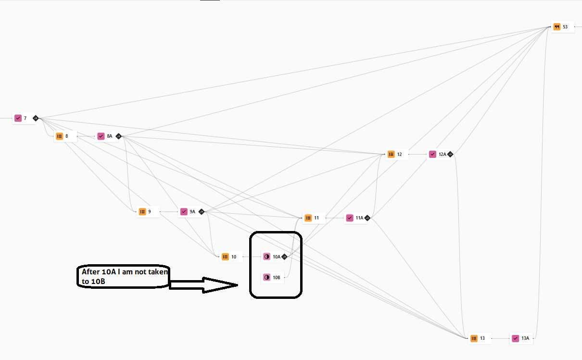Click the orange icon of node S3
[557, 27]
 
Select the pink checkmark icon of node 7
[18, 118]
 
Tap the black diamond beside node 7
[36, 118]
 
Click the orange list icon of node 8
[60, 136]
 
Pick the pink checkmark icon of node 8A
[101, 136]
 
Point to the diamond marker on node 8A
[118, 136]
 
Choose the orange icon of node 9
[142, 212]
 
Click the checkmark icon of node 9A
[184, 212]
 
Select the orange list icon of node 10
[225, 257]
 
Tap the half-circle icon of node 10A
[266, 257]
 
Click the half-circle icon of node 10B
[266, 277]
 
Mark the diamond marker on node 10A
[284, 257]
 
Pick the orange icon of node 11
[308, 218]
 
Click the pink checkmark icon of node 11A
[350, 218]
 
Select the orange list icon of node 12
[391, 154]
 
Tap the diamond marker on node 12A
[450, 154]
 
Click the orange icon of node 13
[474, 338]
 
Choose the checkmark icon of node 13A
[516, 338]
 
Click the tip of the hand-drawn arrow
[238, 285]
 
